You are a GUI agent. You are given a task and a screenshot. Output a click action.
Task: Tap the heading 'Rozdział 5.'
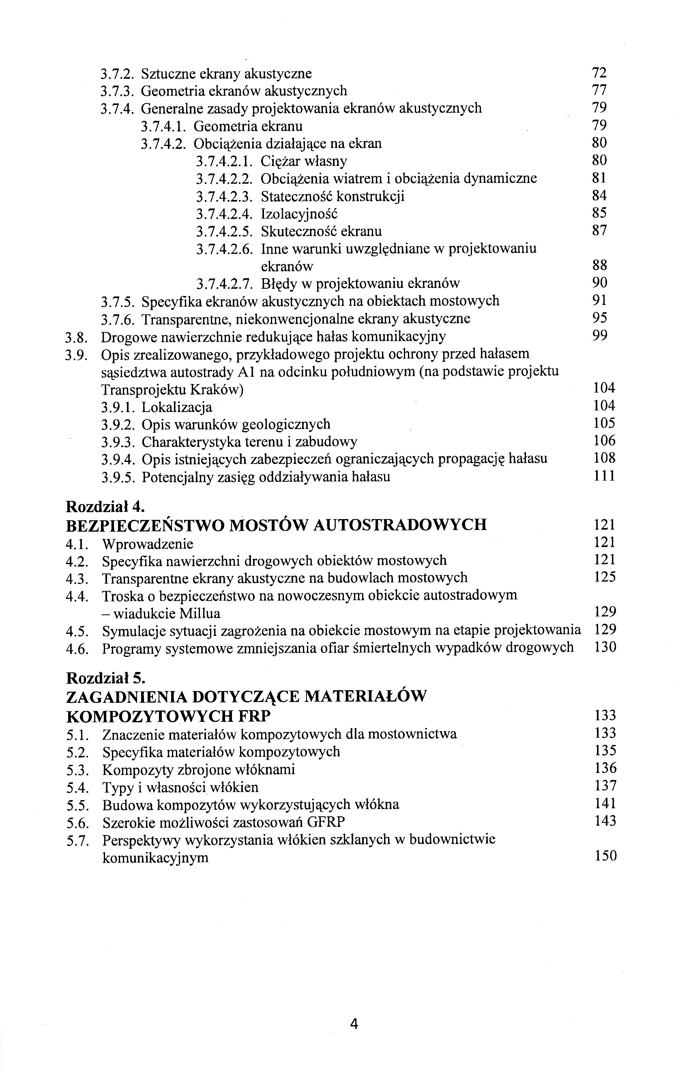click(x=105, y=678)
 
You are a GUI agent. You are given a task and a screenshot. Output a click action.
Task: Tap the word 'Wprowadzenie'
click(x=148, y=544)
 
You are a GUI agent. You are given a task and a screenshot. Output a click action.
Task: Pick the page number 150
click(x=605, y=856)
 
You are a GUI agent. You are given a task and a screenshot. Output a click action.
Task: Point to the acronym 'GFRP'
click(x=326, y=822)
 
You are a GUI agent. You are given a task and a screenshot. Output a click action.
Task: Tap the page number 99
click(x=600, y=335)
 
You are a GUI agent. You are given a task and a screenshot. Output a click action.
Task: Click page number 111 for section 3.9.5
click(x=604, y=476)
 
